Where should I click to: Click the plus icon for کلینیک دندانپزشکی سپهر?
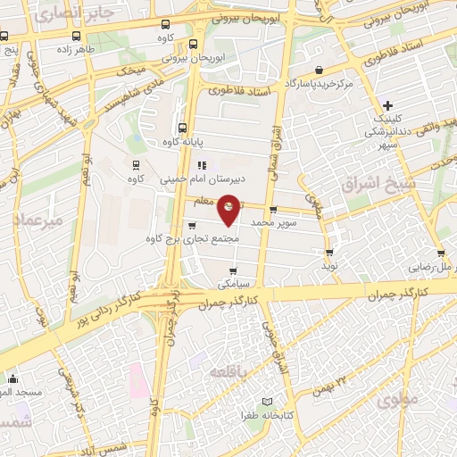[x=386, y=105]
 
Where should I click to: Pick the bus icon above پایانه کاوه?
[x=183, y=128]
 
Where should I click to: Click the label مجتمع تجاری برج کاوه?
[x=194, y=238]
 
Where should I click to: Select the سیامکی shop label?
[x=234, y=285]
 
